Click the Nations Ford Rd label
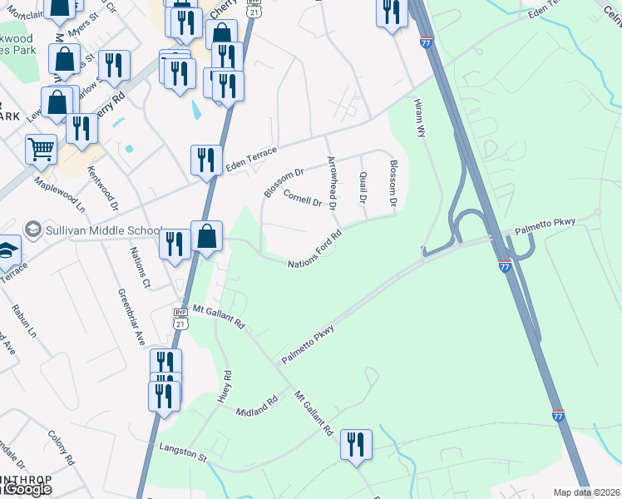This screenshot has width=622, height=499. coord(315,249)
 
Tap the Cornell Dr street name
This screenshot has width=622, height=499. coord(303,198)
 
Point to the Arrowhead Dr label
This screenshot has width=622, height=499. coord(332,182)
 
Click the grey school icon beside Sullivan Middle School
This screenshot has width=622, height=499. coord(33,229)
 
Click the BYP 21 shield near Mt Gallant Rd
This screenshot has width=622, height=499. coord(180,319)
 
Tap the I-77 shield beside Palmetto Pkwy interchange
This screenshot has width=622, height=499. coord(505,266)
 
